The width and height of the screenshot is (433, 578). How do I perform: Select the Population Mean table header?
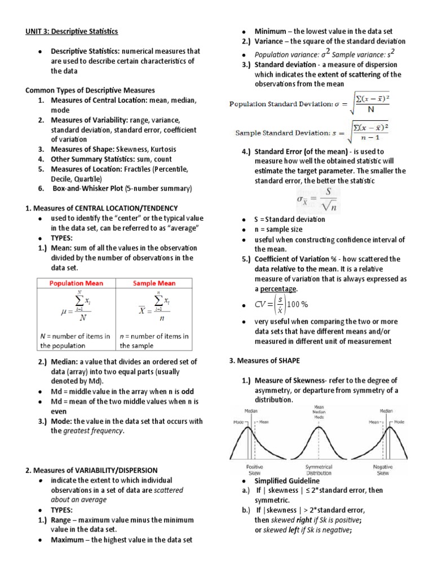[x=76, y=283]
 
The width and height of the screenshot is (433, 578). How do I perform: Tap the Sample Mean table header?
[x=154, y=283]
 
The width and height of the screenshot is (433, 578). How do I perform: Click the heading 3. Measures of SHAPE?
[x=264, y=361]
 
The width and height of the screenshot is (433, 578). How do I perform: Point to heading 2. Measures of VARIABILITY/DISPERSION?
[x=92, y=470]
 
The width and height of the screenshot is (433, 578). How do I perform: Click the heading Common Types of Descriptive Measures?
[x=90, y=90]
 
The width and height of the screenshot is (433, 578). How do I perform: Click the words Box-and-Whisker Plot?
[x=83, y=189]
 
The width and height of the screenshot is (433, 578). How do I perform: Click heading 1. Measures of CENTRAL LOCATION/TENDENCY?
[x=101, y=208]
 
